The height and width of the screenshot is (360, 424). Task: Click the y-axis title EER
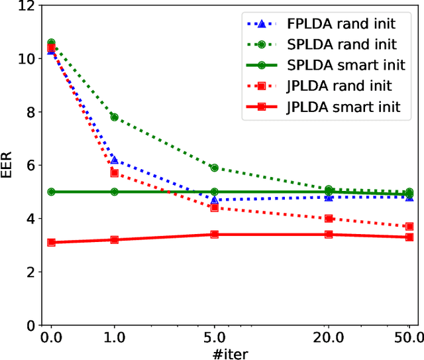click(9, 166)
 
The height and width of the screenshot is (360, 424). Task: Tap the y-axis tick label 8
click(28, 113)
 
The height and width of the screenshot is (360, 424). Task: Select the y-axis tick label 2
click(28, 272)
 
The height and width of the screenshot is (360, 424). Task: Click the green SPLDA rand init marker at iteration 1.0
click(115, 117)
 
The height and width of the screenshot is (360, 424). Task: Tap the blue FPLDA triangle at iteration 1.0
click(115, 160)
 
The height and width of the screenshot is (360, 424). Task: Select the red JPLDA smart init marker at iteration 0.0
click(51, 243)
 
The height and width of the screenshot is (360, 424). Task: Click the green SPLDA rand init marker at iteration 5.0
click(214, 168)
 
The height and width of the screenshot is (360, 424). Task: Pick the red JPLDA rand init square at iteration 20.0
click(329, 218)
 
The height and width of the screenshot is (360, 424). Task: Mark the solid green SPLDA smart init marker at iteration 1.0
click(115, 192)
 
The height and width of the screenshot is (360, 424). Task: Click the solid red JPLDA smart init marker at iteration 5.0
click(214, 234)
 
